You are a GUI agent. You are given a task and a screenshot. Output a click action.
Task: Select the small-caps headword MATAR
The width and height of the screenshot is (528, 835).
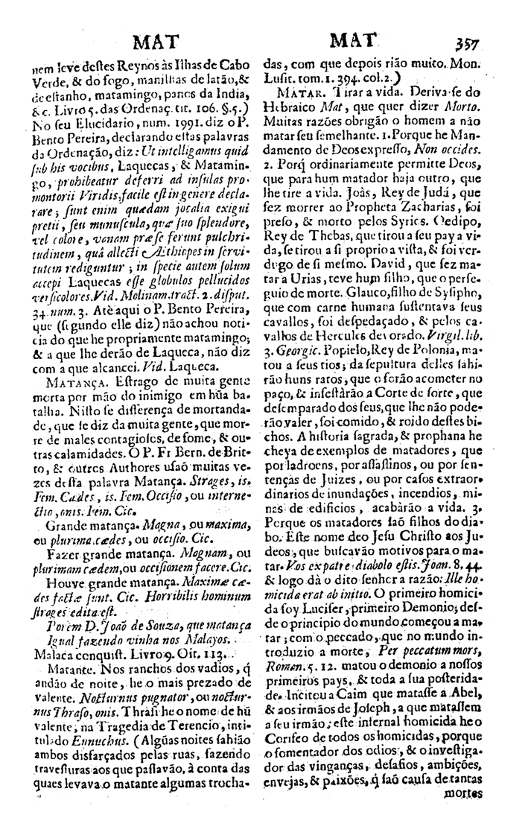(x=299, y=94)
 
